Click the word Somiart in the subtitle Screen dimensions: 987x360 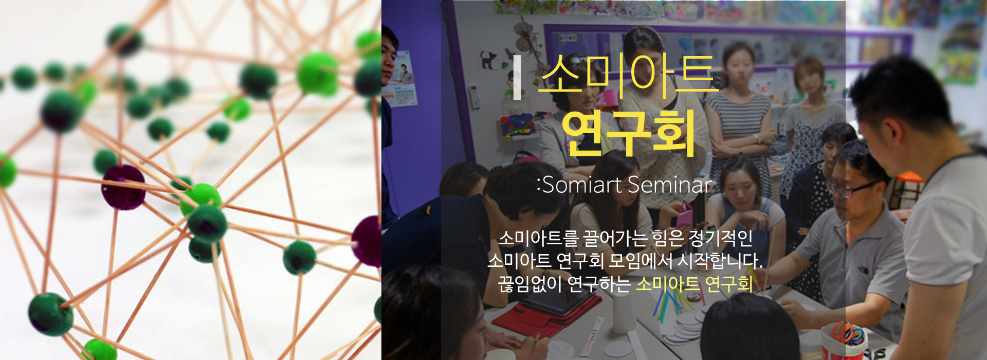[x=582, y=185]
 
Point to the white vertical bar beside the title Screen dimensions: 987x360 [x=517, y=77]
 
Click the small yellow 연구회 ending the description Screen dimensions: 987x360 [x=728, y=283]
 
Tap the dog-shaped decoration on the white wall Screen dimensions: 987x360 [x=487, y=59]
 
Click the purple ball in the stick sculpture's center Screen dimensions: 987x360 [x=123, y=187]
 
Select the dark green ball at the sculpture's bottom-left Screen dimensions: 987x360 [x=50, y=314]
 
